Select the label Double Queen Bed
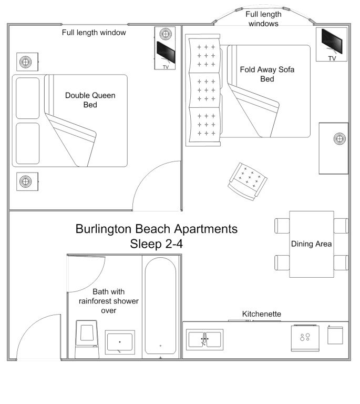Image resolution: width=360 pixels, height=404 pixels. [90, 100]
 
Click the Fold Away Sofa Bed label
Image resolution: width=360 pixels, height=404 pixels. [267, 74]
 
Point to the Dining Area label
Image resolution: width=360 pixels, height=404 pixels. [311, 244]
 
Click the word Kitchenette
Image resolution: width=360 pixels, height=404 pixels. [261, 314]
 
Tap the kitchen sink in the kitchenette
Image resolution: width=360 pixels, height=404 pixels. [205, 339]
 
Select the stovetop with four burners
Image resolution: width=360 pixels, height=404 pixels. [304, 338]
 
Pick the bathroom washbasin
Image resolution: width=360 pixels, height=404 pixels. [120, 342]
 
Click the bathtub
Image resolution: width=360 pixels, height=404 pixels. [160, 305]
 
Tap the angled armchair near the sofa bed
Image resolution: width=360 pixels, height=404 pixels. [248, 180]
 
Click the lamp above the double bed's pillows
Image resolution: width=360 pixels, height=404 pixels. [25, 62]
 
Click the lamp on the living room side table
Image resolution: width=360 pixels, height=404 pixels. [340, 139]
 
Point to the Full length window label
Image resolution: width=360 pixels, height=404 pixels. [94, 33]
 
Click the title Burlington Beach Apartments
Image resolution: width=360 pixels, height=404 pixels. [157, 229]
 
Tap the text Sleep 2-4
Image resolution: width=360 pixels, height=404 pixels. [157, 244]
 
